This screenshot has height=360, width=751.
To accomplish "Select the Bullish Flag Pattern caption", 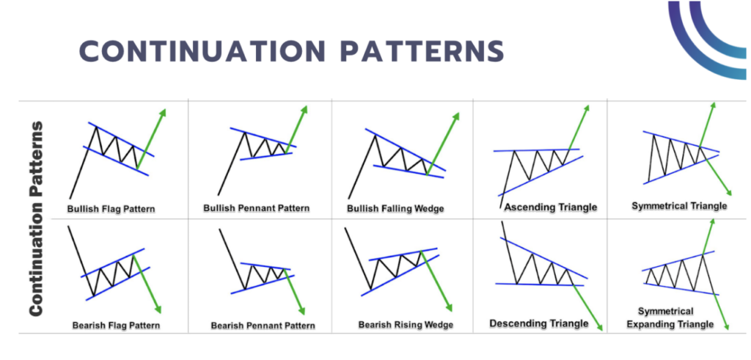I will point(111,208).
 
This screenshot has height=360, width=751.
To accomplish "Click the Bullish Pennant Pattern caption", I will point(256,208).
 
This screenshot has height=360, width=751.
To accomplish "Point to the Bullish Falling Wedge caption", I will point(395,209).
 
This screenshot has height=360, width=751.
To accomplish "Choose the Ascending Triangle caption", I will point(550,207).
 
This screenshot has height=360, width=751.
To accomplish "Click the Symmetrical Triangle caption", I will point(679,206).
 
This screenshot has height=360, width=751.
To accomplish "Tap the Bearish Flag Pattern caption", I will point(116,324).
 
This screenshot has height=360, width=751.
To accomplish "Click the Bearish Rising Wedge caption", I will point(406,324).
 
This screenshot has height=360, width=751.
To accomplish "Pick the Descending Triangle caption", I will point(538,323).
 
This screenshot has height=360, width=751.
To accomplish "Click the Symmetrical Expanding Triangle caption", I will point(675,317).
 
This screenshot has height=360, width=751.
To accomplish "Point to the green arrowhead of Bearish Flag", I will point(158,310).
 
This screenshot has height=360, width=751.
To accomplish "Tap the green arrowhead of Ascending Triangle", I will point(587,109).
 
